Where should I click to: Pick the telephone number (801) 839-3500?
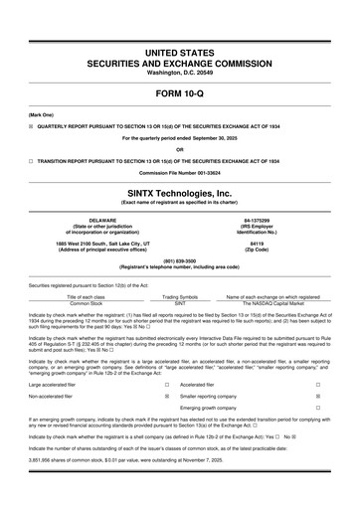[x=179, y=262]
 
